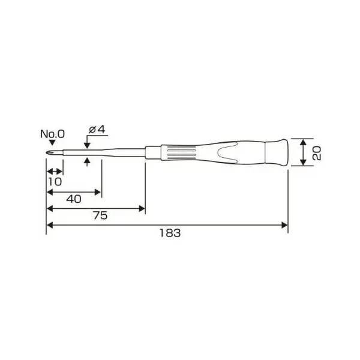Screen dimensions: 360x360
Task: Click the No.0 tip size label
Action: [53, 134]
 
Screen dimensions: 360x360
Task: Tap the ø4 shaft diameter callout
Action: [97, 130]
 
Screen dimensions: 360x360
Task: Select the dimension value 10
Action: [55, 182]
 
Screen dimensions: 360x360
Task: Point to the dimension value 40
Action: [74, 199]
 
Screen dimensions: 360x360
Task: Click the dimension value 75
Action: [101, 215]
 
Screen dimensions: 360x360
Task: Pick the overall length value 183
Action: [170, 233]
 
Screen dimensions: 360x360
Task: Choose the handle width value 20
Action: [317, 153]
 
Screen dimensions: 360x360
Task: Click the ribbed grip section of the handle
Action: [181, 152]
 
